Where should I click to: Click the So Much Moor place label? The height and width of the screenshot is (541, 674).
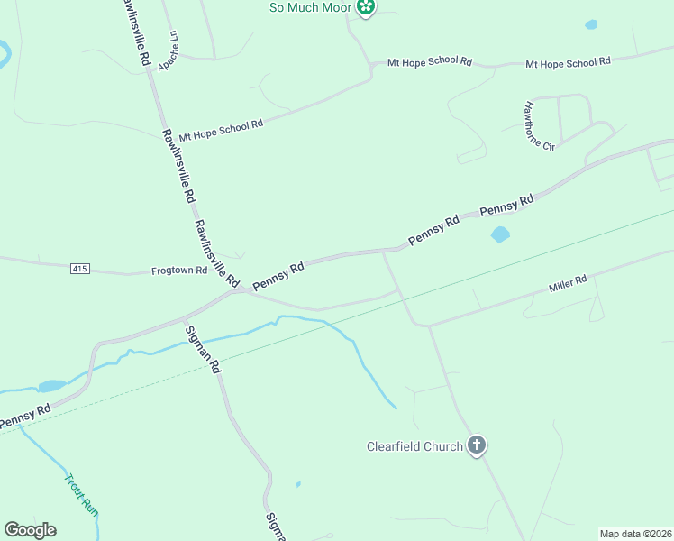pyautogui.click(x=309, y=8)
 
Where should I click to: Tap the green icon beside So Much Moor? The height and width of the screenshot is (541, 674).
pyautogui.click(x=365, y=8)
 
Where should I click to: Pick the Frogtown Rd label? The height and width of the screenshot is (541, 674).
pyautogui.click(x=179, y=270)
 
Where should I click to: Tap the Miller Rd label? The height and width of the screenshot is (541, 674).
pyautogui.click(x=568, y=284)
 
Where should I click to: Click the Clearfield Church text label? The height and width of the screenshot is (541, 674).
pyautogui.click(x=415, y=445)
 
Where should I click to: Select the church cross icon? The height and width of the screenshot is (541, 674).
pyautogui.click(x=478, y=445)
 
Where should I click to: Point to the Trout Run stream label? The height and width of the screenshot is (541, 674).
pyautogui.click(x=81, y=493)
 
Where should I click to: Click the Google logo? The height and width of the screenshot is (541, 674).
pyautogui.click(x=30, y=530)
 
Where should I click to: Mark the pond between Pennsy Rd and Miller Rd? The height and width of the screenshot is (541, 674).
pyautogui.click(x=499, y=234)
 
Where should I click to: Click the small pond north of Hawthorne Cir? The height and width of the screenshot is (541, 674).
pyautogui.click(x=591, y=25)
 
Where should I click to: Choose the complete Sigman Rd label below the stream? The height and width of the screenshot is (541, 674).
pyautogui.click(x=203, y=349)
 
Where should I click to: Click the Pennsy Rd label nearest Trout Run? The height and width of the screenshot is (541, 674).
pyautogui.click(x=25, y=416)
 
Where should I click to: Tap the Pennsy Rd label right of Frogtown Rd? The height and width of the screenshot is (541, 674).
pyautogui.click(x=278, y=276)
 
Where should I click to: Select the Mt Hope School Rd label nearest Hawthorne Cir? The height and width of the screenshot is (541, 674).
pyautogui.click(x=568, y=62)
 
